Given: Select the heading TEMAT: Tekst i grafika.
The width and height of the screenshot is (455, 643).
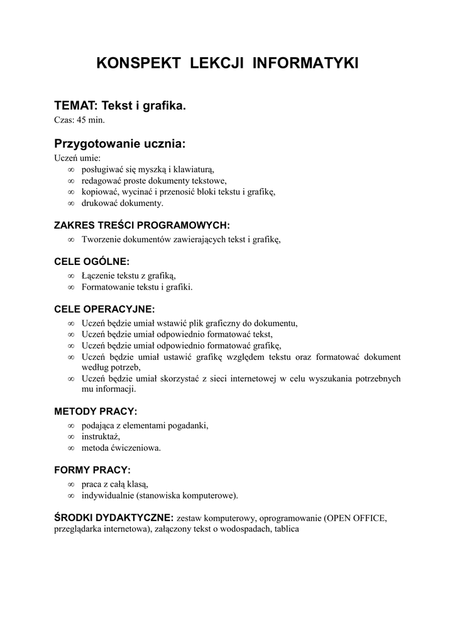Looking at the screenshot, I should click(x=120, y=106).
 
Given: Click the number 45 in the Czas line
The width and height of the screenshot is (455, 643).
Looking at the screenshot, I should click(x=82, y=119).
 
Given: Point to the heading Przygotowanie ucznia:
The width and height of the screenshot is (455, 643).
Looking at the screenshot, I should click(x=120, y=144).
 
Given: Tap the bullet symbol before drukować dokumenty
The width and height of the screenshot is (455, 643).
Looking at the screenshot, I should click(x=71, y=203).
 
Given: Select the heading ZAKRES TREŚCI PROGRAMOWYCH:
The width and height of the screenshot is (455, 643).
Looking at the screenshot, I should click(x=142, y=225).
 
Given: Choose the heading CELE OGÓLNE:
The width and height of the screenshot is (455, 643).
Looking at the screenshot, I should click(x=92, y=261).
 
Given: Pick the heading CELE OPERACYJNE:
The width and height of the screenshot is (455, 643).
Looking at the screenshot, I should click(x=104, y=309).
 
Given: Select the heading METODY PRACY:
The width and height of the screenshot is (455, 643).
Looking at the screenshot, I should click(x=96, y=411).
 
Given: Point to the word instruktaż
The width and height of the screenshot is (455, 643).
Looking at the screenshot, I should click(x=101, y=437).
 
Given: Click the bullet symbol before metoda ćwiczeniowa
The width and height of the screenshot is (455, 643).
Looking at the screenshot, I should click(x=71, y=448).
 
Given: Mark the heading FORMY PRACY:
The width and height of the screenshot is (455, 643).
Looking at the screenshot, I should click(x=92, y=470).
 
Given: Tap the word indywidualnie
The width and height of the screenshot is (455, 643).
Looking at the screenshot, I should click(x=107, y=496).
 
